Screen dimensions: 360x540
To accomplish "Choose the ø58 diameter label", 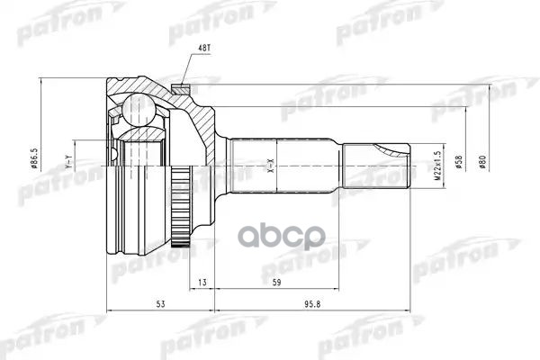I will [459, 163].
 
